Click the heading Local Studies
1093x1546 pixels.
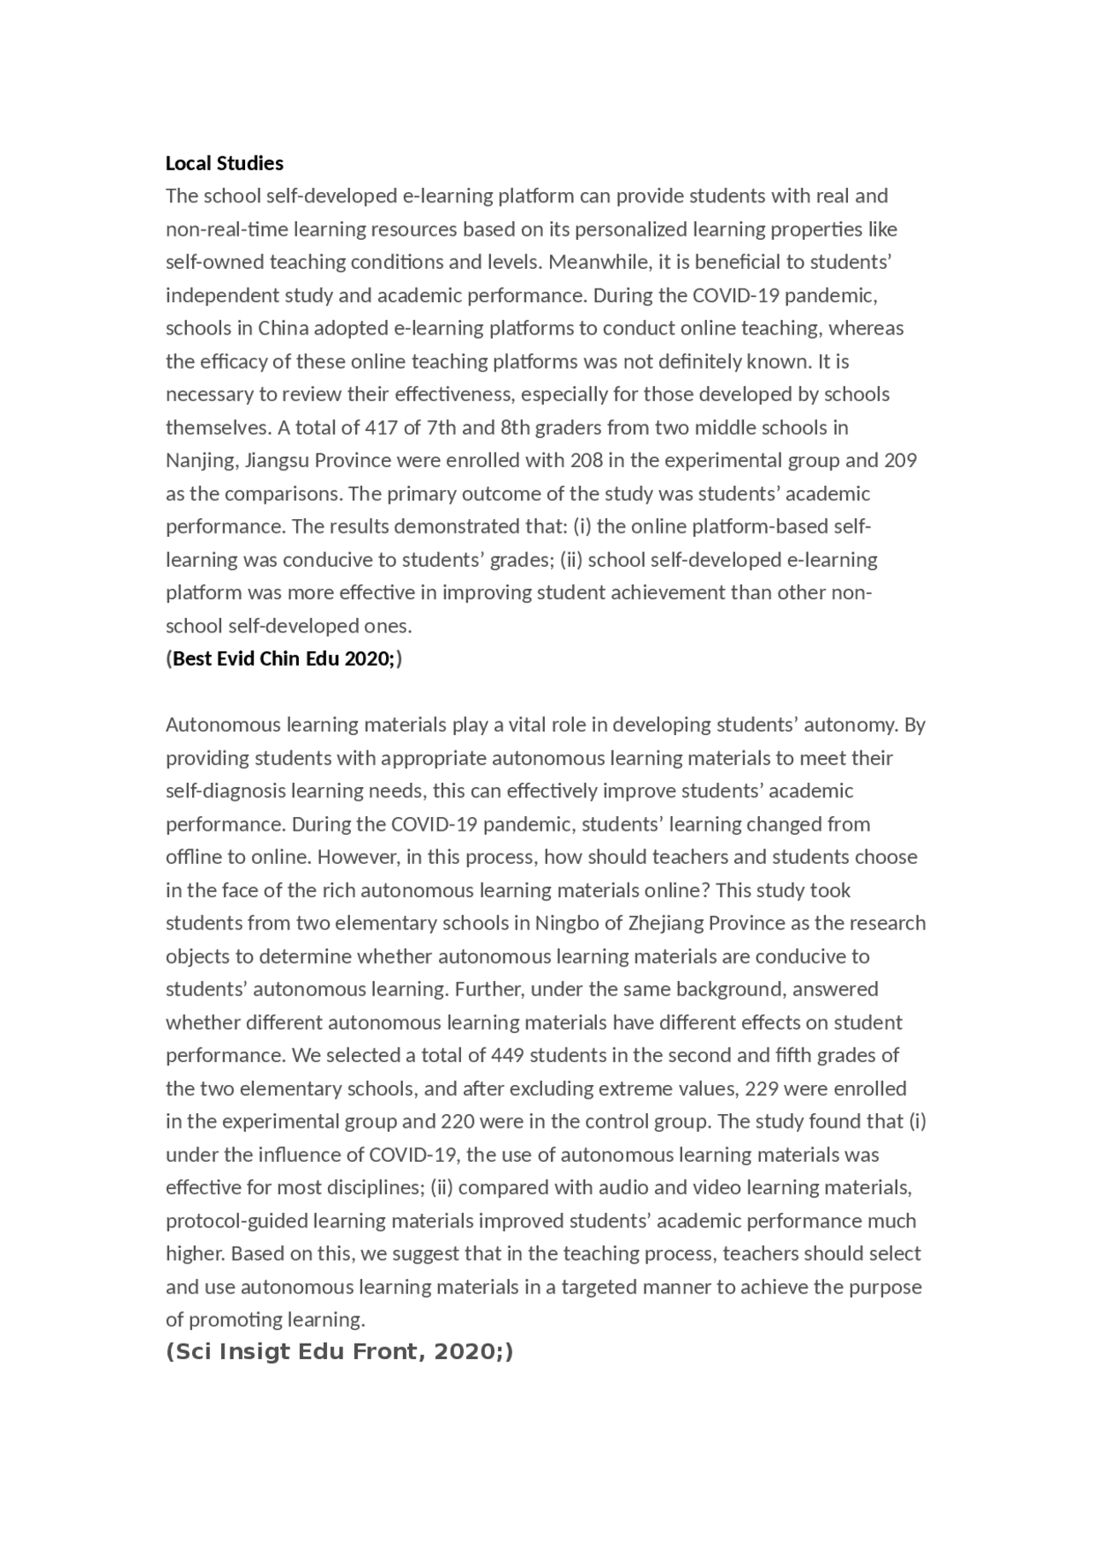coord(225,163)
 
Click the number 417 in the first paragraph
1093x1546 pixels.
coord(381,427)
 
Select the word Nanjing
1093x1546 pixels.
coord(201,461)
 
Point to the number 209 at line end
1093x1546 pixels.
coord(900,460)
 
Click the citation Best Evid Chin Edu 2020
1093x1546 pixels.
coord(283,659)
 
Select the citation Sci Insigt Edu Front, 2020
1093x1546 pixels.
coord(339,1352)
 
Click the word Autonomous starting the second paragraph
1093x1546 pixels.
coord(220,725)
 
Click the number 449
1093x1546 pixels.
coord(507,1055)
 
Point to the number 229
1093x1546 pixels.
coord(761,1088)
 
